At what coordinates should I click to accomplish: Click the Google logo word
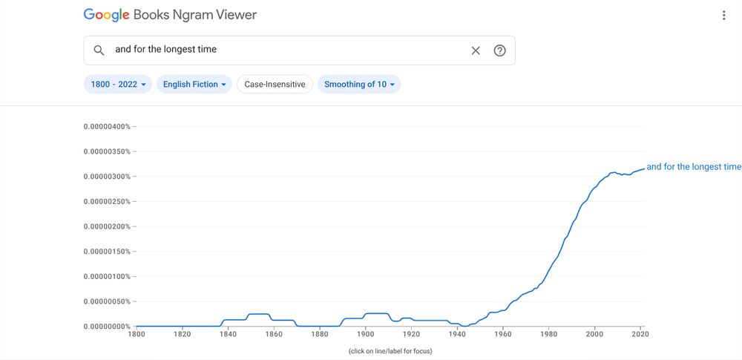point(106,15)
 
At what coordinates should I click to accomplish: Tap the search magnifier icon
point(99,50)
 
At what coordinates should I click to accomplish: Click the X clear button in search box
point(476,50)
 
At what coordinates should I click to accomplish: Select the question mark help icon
point(500,50)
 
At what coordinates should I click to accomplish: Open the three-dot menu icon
point(723,16)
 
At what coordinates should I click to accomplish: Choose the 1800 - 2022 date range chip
point(118,85)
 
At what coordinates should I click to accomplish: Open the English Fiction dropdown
point(194,85)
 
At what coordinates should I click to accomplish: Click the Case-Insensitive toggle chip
point(275,85)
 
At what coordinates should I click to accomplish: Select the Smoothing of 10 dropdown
point(359,85)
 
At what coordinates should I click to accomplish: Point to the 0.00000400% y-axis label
point(107,127)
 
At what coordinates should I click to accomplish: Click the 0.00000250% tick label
point(107,202)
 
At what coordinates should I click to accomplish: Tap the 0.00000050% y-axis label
point(107,301)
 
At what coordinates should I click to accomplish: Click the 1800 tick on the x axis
point(137,334)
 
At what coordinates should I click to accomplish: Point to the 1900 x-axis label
point(365,334)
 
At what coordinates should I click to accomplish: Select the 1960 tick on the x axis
point(502,334)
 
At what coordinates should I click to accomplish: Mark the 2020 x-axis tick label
point(640,334)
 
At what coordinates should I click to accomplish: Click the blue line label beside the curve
point(694,167)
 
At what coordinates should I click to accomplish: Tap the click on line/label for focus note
point(390,350)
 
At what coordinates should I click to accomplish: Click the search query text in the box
point(165,50)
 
